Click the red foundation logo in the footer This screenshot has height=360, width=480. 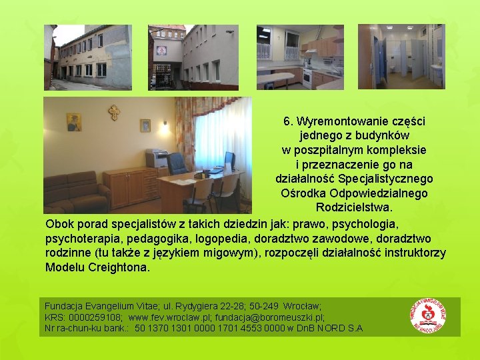(429, 317)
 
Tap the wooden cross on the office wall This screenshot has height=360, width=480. (114, 112)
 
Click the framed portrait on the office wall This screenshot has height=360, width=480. (74, 122)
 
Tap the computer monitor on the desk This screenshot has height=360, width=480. (229, 160)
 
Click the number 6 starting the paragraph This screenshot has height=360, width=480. (287, 122)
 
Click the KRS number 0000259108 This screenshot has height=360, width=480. (93, 317)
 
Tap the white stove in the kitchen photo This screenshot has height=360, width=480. (307, 78)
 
